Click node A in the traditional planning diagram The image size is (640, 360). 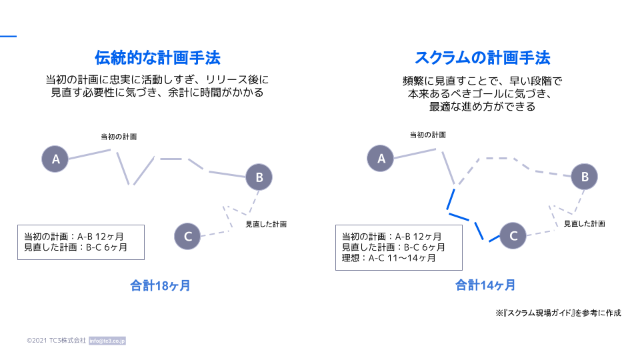pyautogui.click(x=55, y=159)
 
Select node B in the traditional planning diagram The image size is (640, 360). pyautogui.click(x=259, y=177)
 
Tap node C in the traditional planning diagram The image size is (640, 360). pyautogui.click(x=187, y=236)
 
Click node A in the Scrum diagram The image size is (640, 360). pyautogui.click(x=381, y=158)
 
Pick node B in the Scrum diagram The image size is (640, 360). pyautogui.click(x=584, y=176)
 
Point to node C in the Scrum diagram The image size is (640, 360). pyautogui.click(x=513, y=235)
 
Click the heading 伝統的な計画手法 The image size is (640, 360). pyautogui.click(x=157, y=57)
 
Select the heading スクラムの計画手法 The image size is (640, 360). pyautogui.click(x=483, y=57)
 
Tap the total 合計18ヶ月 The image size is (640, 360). pyautogui.click(x=160, y=285)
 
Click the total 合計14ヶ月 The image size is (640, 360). pyautogui.click(x=485, y=285)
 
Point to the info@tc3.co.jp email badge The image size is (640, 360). pyautogui.click(x=107, y=341)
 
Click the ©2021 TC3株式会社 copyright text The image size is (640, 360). pyautogui.click(x=56, y=341)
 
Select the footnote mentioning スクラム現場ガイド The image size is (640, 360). pyautogui.click(x=559, y=313)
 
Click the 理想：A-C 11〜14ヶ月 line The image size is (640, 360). pyautogui.click(x=389, y=258)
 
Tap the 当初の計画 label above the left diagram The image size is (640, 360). pyautogui.click(x=119, y=137)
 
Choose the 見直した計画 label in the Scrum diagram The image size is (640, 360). pyautogui.click(x=585, y=224)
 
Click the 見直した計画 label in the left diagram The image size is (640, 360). pyautogui.click(x=266, y=224)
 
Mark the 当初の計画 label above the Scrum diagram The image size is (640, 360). pyautogui.click(x=428, y=135)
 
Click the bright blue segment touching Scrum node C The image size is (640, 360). pyautogui.click(x=494, y=238)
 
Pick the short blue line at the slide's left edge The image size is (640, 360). pyautogui.click(x=8, y=36)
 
